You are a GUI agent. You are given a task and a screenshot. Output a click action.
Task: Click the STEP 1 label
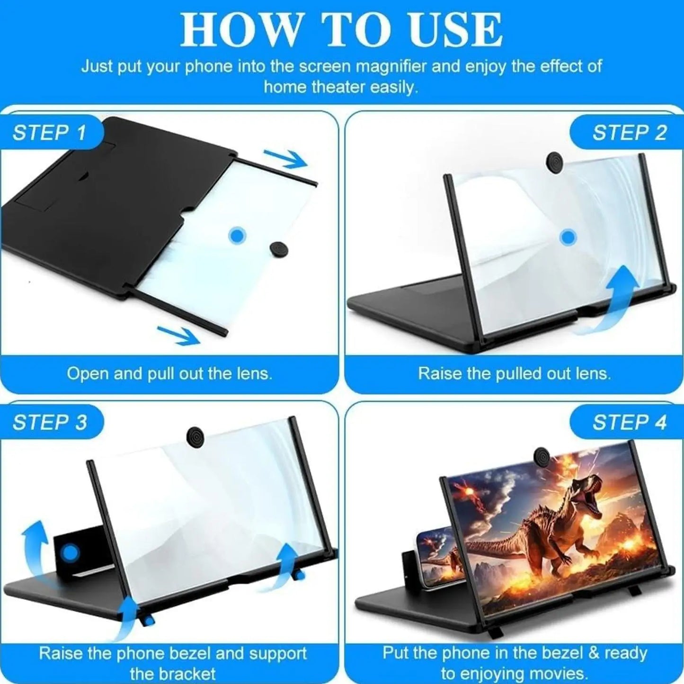click(50, 133)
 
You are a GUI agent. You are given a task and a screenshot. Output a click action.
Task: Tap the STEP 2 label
click(629, 133)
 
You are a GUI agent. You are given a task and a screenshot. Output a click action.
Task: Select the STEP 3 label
click(50, 423)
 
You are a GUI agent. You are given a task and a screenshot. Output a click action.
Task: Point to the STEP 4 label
click(629, 423)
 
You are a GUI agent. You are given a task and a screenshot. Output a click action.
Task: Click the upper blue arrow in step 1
click(285, 159)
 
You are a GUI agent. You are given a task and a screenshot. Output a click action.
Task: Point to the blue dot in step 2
click(568, 237)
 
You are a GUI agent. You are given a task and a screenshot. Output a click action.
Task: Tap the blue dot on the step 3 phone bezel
click(71, 552)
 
